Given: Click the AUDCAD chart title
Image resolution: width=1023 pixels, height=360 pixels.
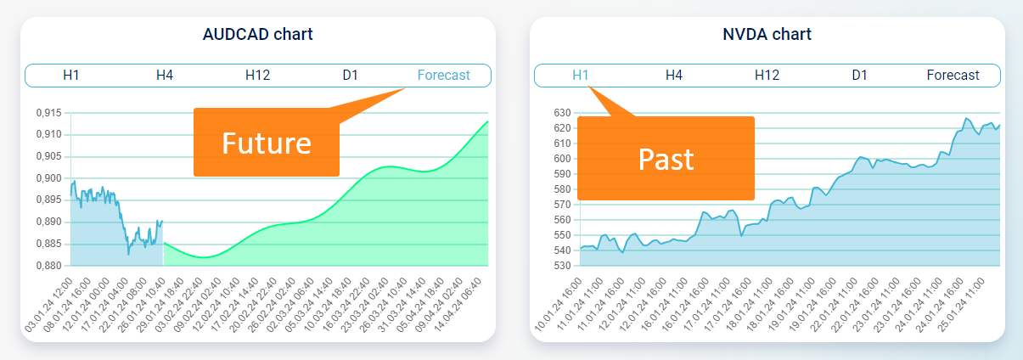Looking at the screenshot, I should (257, 35).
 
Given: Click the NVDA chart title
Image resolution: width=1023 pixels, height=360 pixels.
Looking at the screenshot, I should (767, 35).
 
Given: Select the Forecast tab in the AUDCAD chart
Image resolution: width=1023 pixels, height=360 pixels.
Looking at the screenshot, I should (443, 75).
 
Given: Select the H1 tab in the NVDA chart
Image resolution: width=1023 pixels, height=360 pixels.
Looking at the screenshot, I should (581, 75).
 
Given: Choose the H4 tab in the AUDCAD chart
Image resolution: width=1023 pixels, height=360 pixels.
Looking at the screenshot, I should (165, 75).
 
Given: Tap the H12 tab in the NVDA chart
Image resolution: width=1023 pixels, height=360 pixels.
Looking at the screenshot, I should (767, 75).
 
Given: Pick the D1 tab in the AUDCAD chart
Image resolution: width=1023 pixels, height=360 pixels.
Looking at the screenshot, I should (351, 75).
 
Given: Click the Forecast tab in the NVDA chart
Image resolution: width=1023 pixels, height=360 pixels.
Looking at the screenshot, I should (953, 75).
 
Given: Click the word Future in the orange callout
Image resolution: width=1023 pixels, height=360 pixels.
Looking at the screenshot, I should (266, 143).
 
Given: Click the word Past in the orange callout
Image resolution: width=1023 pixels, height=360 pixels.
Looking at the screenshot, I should (666, 159).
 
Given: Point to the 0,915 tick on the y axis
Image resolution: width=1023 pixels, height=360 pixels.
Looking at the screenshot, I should (48, 113).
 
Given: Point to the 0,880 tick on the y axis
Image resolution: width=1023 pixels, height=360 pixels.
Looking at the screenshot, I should (48, 266).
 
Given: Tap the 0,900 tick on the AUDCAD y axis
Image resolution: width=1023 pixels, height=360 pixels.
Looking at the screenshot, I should (48, 178).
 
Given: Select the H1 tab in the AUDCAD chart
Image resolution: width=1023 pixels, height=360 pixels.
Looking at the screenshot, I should (71, 75).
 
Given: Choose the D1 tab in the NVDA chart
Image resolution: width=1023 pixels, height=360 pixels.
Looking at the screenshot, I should (860, 75).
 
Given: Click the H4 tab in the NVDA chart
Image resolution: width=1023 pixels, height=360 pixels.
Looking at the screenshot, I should (674, 75).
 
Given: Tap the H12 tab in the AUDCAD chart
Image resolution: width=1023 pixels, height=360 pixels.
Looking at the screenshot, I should (257, 75).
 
